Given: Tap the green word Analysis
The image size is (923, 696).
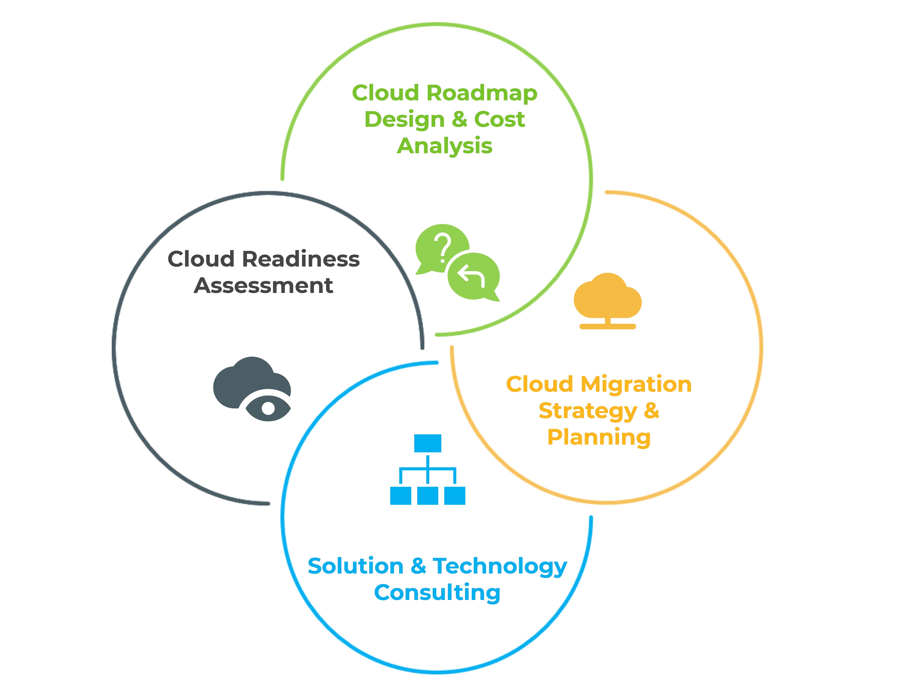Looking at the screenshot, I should click(444, 146).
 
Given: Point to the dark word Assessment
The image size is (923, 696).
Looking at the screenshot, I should click(263, 286).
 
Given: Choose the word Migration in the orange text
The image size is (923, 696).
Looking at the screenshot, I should click(636, 384).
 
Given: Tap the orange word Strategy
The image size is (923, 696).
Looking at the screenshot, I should click(588, 411).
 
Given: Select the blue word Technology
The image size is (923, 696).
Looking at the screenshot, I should click(500, 566).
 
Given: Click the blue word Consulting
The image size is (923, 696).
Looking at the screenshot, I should click(437, 593).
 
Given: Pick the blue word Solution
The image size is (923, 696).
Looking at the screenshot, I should click(355, 566).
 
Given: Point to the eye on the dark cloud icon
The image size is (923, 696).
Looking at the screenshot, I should click(268, 408).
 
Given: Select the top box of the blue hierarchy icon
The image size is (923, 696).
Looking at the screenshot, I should click(428, 443).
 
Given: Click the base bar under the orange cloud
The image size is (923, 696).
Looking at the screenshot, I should click(608, 326).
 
